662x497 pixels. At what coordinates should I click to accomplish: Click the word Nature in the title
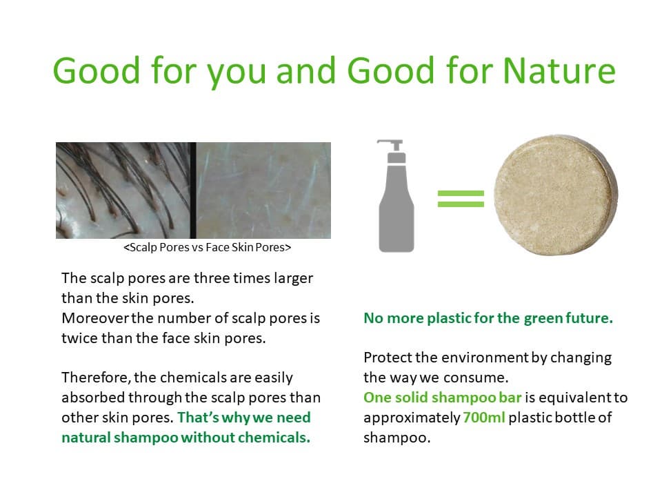click(x=559, y=70)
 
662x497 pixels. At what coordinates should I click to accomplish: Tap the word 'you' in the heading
click(x=237, y=75)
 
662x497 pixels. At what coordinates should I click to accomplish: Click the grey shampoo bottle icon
click(x=396, y=196)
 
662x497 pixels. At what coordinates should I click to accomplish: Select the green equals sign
click(x=461, y=199)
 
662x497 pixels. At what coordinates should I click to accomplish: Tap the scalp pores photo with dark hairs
click(x=123, y=191)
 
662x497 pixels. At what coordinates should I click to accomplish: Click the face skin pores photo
click(x=263, y=191)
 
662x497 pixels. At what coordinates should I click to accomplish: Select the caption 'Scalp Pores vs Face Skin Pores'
click(x=208, y=247)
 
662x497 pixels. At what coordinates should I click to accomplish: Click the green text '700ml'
click(x=484, y=418)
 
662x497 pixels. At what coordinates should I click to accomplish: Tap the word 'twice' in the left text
click(x=80, y=338)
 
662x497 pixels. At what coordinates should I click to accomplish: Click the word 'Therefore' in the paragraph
click(x=95, y=378)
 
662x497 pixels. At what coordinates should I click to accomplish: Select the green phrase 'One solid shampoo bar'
click(x=443, y=398)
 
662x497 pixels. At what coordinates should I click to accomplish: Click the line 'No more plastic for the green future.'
click(x=488, y=318)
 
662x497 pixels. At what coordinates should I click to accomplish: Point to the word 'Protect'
click(x=387, y=358)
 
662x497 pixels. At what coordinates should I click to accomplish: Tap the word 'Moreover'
click(x=96, y=318)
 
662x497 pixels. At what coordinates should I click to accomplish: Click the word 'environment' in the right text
click(x=484, y=358)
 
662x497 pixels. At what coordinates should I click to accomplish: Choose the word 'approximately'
click(x=412, y=418)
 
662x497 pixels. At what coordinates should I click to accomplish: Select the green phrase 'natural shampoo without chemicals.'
click(x=185, y=438)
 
